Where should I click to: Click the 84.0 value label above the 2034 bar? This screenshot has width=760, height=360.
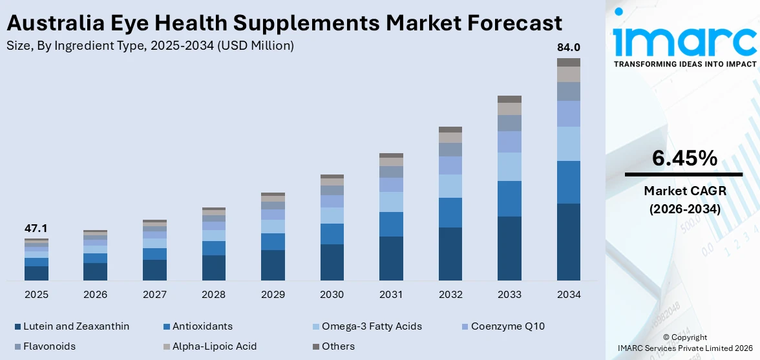(569, 48)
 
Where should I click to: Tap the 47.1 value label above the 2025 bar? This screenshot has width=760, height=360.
(36, 229)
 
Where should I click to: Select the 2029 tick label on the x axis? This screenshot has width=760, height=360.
(273, 295)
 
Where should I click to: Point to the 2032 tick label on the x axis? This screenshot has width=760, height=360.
(450, 295)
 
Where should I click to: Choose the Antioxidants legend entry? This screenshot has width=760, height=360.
(197, 326)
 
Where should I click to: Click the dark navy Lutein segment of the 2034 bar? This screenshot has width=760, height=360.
(569, 242)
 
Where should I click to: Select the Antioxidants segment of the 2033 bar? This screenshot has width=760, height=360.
(509, 198)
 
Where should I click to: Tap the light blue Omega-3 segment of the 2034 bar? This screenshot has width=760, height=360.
(569, 143)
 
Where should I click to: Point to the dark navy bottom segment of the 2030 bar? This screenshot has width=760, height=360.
(332, 262)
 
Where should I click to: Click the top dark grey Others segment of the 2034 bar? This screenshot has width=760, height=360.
(569, 62)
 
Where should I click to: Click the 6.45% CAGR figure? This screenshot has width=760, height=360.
(684, 158)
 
